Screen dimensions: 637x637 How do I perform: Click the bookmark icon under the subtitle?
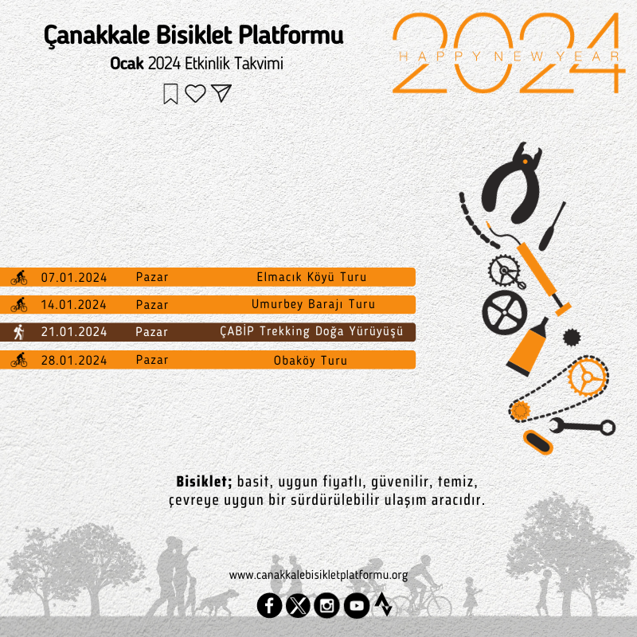(170, 94)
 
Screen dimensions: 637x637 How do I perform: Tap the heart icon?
(195, 93)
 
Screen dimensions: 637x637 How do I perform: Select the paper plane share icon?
(221, 93)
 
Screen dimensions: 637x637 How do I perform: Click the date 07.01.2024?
(74, 277)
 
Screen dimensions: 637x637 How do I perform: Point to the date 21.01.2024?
(74, 332)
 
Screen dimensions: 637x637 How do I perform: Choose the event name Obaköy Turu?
(311, 361)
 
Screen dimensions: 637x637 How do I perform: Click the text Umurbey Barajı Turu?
(313, 304)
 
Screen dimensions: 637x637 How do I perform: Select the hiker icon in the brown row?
(18, 332)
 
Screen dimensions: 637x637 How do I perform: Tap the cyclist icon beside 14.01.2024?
(18, 304)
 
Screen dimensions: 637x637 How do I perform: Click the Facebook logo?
(269, 606)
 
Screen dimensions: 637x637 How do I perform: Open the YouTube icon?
(357, 606)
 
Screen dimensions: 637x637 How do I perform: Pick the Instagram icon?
(326, 606)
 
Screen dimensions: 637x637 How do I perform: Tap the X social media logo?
(298, 606)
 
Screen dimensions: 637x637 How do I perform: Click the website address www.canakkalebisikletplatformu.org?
(318, 575)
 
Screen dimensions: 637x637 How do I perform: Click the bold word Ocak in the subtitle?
(127, 64)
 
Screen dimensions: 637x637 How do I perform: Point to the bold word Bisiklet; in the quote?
(204, 482)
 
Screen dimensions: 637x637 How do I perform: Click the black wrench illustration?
(583, 427)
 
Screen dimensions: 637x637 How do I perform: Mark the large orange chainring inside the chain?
(587, 377)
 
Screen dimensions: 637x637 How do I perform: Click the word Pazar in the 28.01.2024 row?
(152, 360)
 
